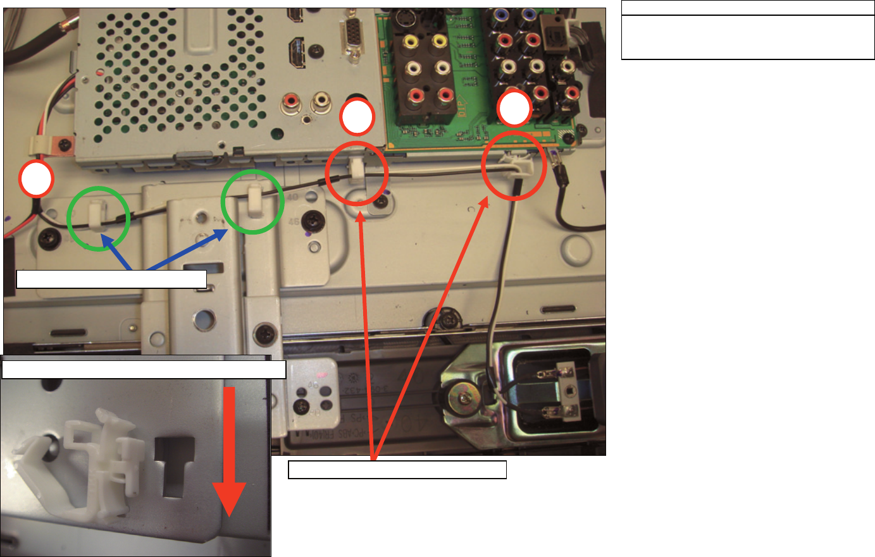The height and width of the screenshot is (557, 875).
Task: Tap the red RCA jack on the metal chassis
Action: pos(292,101)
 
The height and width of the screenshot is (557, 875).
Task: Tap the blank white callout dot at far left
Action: pos(35,180)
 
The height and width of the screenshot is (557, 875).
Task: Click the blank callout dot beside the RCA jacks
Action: pos(357,118)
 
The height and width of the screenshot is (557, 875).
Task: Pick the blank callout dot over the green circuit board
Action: pos(514,109)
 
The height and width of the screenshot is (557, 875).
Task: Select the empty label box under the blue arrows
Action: pos(111,279)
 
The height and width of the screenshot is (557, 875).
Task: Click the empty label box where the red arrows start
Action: pos(397,470)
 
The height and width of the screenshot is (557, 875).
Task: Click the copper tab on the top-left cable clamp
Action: pos(64,145)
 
